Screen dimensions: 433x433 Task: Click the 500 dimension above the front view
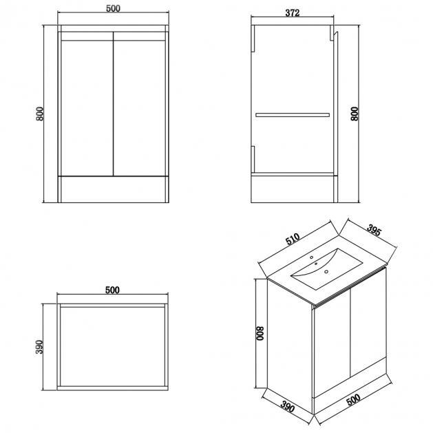113,8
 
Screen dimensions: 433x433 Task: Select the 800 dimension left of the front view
39,114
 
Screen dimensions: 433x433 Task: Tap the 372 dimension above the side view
292,12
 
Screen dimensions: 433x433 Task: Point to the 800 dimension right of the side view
354,114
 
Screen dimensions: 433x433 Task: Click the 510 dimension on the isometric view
293,239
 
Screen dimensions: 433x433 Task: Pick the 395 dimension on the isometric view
374,230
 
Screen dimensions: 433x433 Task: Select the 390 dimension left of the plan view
39,347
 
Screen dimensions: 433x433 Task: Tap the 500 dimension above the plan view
112,290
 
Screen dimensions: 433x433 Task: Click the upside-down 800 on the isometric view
261,334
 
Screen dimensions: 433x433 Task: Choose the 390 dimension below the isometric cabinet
288,406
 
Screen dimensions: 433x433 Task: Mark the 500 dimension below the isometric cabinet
353,399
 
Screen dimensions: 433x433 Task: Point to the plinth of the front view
113,189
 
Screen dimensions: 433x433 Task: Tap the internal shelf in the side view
293,115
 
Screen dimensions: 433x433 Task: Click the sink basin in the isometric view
326,268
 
